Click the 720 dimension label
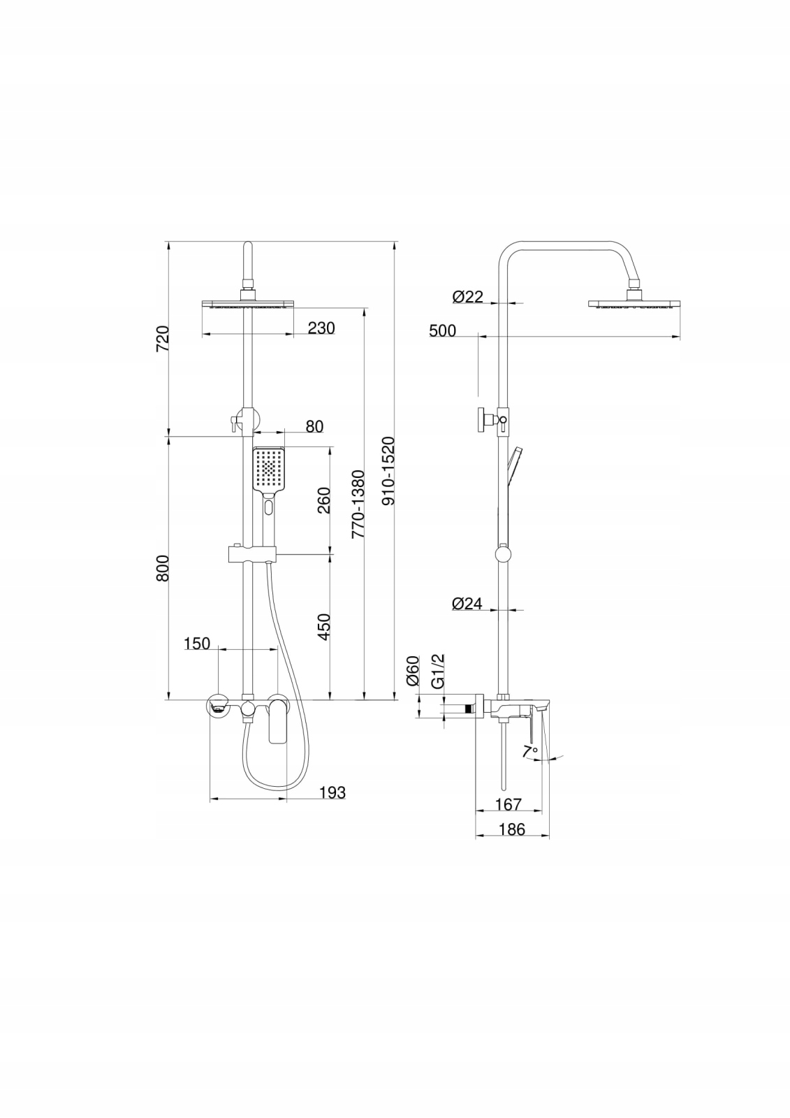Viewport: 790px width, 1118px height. (162, 339)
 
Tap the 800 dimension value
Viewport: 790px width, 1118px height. (162, 569)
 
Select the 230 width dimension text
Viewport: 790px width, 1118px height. (321, 328)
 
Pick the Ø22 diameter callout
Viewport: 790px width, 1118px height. (467, 297)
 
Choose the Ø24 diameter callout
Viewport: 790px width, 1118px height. (467, 603)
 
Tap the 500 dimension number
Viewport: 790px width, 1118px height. (442, 331)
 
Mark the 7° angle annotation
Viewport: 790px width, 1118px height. (530, 751)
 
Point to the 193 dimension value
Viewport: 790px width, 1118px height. (332, 792)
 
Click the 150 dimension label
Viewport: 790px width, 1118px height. (197, 643)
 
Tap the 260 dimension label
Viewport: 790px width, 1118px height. (324, 500)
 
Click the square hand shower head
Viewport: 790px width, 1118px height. (268, 470)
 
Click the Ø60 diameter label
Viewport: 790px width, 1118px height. (412, 670)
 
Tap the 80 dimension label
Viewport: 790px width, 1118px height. (314, 426)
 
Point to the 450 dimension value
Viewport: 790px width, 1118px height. (324, 627)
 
